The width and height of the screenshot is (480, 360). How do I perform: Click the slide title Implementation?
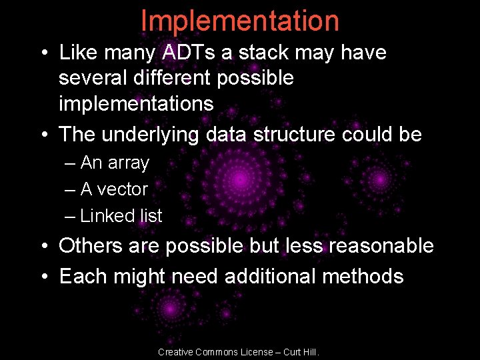click(x=240, y=21)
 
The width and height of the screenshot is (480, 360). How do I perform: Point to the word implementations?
click(x=136, y=104)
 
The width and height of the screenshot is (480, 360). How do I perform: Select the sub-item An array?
click(x=114, y=163)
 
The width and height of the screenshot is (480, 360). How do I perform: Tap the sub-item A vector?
click(x=113, y=189)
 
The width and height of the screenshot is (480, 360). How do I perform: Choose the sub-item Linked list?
click(x=121, y=216)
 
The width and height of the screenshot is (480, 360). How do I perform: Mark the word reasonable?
click(x=377, y=246)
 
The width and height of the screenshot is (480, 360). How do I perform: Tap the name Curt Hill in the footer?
click(x=299, y=352)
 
